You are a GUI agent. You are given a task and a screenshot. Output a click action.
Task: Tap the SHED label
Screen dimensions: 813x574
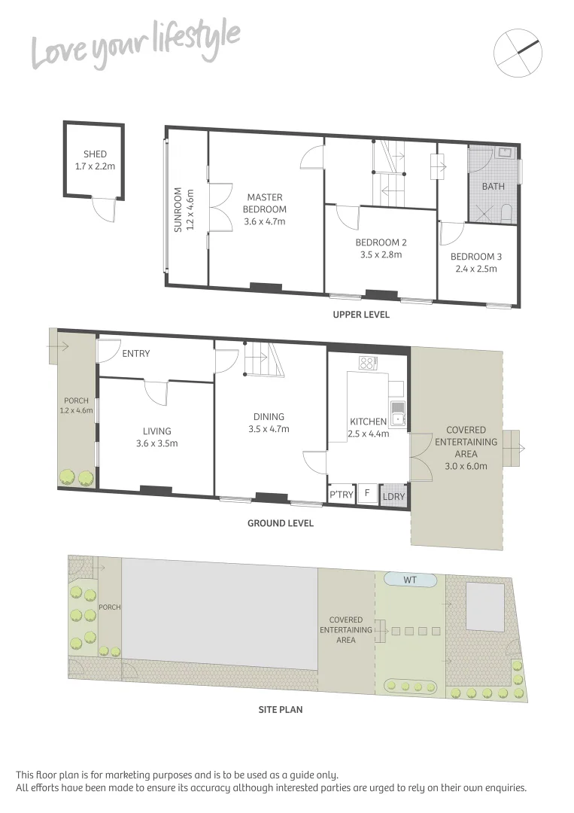click(95, 154)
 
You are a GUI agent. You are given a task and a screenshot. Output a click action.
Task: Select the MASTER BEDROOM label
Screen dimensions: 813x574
click(265, 203)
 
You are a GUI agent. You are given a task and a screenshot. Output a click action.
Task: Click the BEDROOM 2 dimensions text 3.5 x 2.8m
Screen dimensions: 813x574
click(381, 254)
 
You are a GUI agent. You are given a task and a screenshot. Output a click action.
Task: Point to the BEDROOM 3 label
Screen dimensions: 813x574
click(476, 257)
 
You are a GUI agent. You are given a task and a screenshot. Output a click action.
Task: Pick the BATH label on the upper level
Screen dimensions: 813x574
click(494, 186)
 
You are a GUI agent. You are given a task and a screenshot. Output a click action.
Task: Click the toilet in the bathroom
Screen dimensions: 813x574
click(506, 213)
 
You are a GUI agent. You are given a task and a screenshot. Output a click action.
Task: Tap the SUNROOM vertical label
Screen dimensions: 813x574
click(178, 209)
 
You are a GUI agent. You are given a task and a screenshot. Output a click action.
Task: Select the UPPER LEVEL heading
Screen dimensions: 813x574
click(361, 315)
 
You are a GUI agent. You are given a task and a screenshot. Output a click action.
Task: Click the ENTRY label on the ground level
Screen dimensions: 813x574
click(136, 354)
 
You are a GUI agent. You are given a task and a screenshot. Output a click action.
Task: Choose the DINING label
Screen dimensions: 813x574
click(269, 417)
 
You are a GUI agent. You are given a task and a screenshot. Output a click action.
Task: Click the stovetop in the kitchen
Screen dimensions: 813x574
click(367, 363)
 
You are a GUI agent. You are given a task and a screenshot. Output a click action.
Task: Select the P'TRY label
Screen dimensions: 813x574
click(341, 495)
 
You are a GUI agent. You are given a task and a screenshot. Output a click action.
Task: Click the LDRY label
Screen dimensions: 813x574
click(393, 496)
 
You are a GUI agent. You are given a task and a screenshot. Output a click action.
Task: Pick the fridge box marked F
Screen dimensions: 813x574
click(367, 494)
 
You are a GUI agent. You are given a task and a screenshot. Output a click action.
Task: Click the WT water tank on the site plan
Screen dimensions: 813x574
click(410, 580)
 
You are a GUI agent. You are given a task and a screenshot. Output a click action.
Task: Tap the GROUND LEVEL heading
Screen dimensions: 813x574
click(281, 523)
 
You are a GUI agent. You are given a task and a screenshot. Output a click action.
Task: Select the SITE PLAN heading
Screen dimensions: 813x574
click(281, 709)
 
